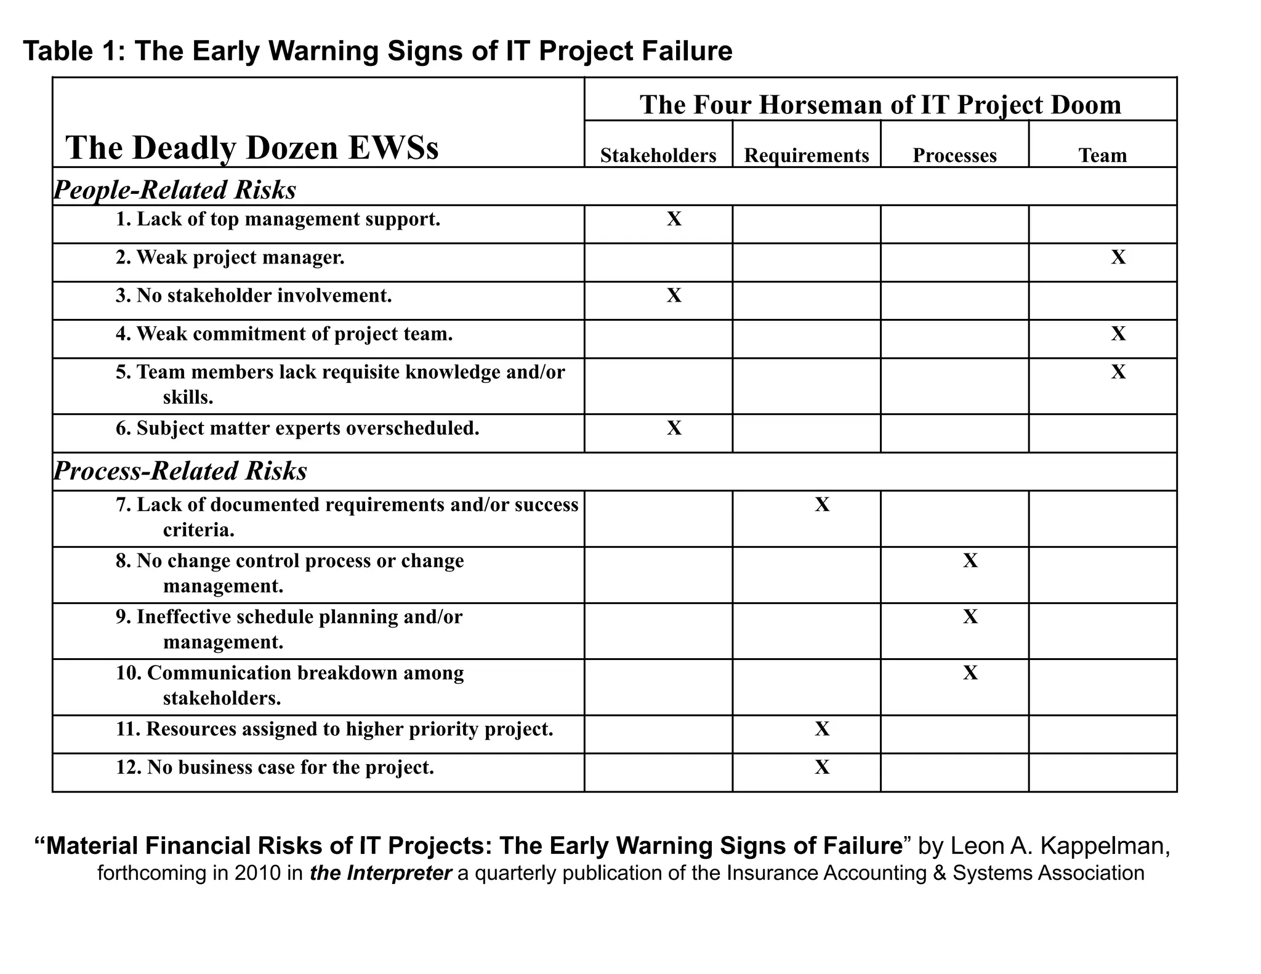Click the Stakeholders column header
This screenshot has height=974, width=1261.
(x=658, y=155)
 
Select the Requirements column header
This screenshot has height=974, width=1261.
(x=806, y=155)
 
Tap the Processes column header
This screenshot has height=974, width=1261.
(x=954, y=155)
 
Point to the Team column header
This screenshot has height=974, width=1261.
(x=1102, y=155)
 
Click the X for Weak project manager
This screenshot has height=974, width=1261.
(x=1118, y=257)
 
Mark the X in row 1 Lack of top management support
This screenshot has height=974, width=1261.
(x=674, y=219)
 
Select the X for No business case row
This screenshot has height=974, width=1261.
(x=822, y=767)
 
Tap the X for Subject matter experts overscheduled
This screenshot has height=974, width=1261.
(x=674, y=427)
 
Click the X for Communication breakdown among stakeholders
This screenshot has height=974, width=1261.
(x=970, y=672)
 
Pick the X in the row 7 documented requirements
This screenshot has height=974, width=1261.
(x=822, y=504)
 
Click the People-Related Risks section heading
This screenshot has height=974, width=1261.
(x=175, y=190)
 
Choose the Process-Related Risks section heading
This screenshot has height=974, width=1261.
(x=180, y=471)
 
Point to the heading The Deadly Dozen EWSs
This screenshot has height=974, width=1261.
(x=252, y=148)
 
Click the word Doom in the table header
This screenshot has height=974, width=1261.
(x=1086, y=105)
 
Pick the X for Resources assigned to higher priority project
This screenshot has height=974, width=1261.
(x=822, y=729)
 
